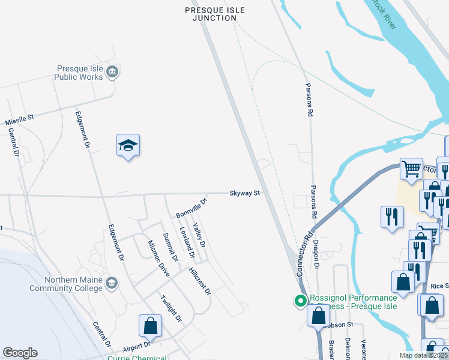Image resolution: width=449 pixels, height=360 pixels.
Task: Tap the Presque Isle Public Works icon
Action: (112, 73)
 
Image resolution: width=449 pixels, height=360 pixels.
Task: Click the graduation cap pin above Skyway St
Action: (128, 146)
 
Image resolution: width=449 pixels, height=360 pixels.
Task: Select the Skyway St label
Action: (244, 193)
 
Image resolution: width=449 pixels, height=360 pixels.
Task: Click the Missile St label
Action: (19, 118)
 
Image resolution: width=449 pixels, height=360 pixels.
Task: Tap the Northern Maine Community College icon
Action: (112, 283)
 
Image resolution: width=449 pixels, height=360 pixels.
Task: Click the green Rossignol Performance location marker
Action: (298, 301)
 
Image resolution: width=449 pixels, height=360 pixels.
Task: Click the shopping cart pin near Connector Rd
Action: (411, 170)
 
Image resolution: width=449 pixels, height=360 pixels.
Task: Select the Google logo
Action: (20, 353)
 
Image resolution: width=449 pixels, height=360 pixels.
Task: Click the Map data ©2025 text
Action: (423, 355)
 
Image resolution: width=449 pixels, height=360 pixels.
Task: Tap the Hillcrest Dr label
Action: (200, 281)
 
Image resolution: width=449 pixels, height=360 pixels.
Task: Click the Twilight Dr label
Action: (171, 308)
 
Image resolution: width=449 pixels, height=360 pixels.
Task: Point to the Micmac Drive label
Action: (159, 259)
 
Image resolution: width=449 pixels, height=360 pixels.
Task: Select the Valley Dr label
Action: (199, 236)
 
